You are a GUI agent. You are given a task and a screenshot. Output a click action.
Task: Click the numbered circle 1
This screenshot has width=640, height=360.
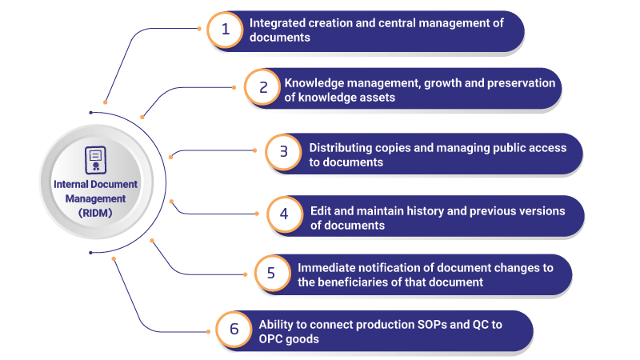tap(226, 30)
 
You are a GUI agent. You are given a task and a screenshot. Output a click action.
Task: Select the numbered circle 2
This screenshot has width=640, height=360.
tap(263, 87)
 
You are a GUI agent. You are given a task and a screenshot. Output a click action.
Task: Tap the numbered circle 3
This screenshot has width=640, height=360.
tap(284, 152)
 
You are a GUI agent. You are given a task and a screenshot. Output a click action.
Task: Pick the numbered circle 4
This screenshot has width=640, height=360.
tap(285, 214)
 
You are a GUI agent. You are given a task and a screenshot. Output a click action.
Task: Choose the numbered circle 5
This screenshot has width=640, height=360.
tap(272, 273)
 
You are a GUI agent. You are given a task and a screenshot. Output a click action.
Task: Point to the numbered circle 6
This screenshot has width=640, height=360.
tap(234, 329)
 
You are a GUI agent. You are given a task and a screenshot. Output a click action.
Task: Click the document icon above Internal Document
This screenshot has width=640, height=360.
tap(95, 160)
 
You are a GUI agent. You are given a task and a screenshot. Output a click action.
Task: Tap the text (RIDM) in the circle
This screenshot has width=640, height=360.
tap(95, 213)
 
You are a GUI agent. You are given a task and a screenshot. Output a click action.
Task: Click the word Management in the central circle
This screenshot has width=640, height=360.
tap(95, 198)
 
